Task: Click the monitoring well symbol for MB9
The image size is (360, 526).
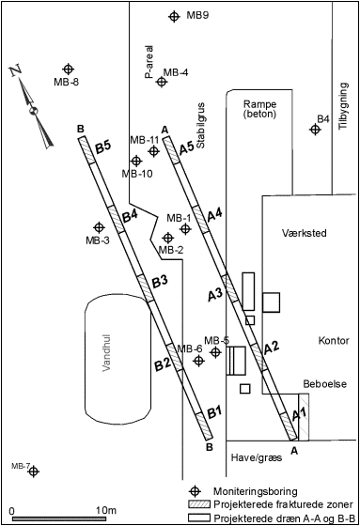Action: pos(174,16)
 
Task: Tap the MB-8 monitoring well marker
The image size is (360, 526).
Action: pos(69,69)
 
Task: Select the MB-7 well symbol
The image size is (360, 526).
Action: pos(33,472)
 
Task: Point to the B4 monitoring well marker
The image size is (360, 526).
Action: pos(315,130)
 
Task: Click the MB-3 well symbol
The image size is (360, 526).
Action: pos(99,227)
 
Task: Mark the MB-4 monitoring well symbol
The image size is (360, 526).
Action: pos(162,82)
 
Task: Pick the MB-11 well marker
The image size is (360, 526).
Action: pos(154,151)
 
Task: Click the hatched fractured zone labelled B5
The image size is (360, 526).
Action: pos(87,149)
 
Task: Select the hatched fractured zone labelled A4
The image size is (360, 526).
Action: pos(201,219)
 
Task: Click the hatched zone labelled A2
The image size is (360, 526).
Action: pos(259,357)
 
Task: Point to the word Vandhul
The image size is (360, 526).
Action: pos(107,352)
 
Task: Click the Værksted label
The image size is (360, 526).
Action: pos(305,233)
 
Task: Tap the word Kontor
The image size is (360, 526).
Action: pos(334,340)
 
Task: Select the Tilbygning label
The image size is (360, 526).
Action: pos(343,106)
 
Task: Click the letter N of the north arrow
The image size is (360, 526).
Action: pos(16,71)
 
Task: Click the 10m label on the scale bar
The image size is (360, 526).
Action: pos(106,510)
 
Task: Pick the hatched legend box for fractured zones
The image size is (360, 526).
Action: pos(199,503)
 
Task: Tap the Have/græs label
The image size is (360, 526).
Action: pos(257,457)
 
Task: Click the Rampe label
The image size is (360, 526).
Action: pos(260,103)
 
